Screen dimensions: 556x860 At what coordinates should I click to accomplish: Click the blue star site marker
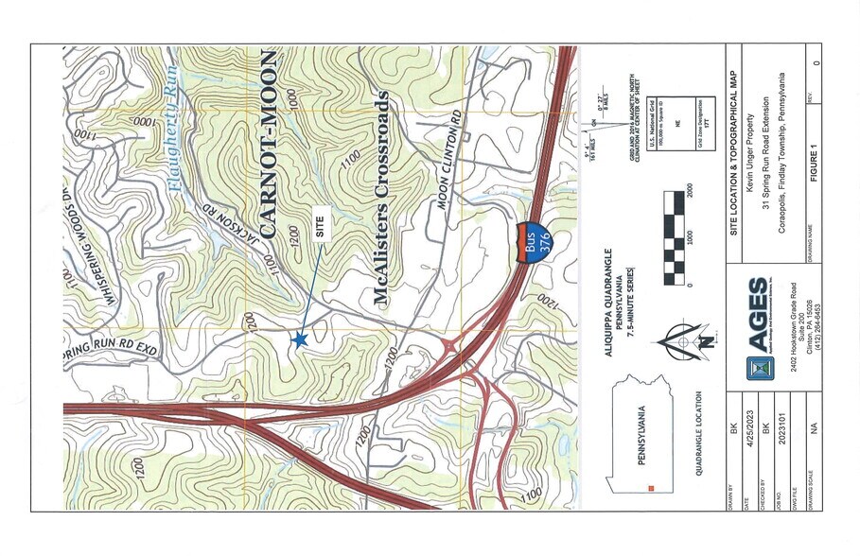point(301,339)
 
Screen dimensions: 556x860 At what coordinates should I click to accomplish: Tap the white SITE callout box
point(321,229)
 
